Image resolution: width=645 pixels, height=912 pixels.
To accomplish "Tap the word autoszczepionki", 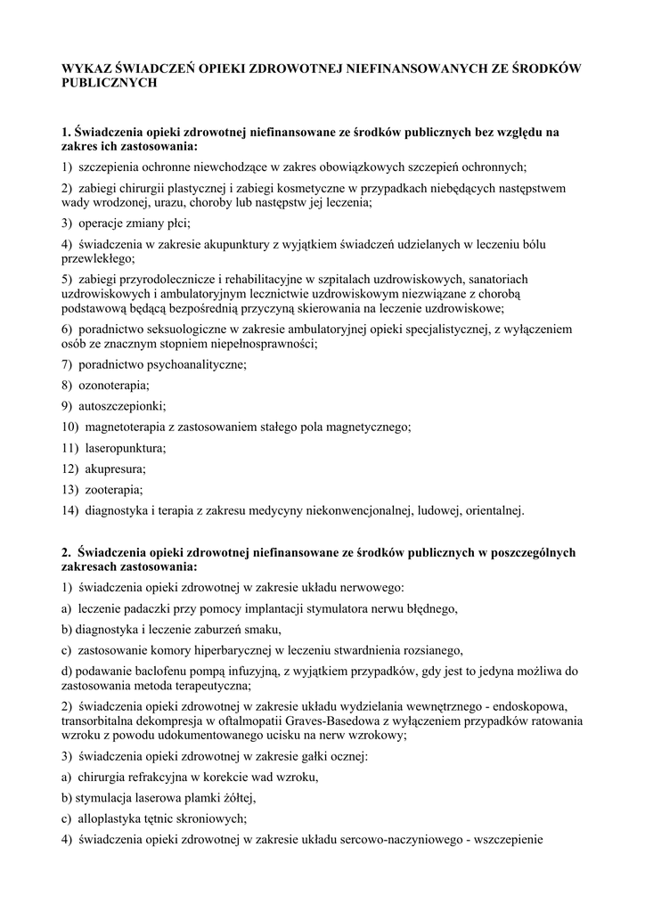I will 121,406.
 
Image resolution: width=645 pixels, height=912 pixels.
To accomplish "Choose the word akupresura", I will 115,468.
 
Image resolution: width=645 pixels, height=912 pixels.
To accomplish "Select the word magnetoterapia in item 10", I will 125,427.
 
